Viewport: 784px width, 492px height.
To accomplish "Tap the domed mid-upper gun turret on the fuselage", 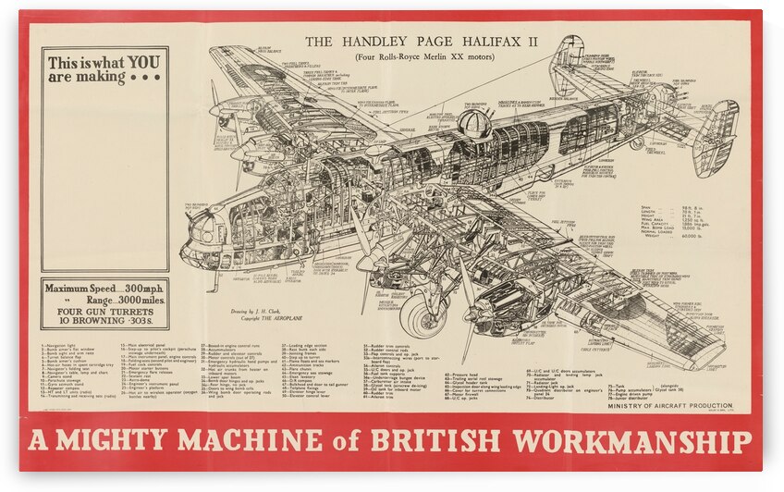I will point(474,123).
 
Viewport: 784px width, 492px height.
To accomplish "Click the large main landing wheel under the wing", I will point(424,314).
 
